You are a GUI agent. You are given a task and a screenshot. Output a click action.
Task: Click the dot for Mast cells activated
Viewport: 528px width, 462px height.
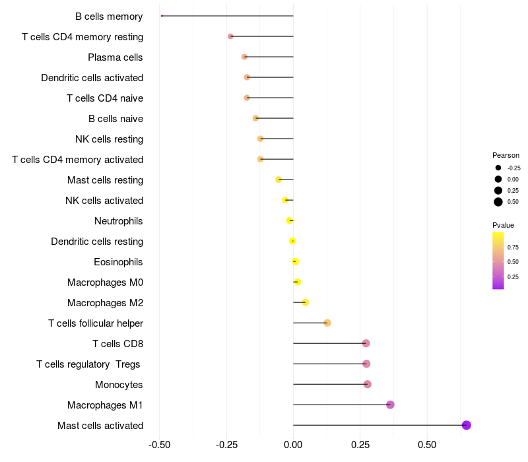click(x=466, y=425)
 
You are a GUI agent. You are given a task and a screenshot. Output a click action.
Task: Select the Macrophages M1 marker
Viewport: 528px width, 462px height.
click(x=390, y=405)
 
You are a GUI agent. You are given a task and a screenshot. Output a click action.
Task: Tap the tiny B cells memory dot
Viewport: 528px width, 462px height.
click(x=162, y=16)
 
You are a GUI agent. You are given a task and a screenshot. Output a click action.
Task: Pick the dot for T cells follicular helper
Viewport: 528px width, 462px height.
click(x=327, y=323)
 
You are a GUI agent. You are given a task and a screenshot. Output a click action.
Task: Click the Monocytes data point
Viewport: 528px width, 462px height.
click(x=368, y=384)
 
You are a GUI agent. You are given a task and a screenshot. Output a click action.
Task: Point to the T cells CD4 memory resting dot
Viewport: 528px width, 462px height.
click(x=230, y=36)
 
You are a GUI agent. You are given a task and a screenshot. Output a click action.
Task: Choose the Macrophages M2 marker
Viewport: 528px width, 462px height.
click(x=306, y=302)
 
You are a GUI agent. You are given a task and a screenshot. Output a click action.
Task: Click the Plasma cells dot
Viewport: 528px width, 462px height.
click(x=244, y=57)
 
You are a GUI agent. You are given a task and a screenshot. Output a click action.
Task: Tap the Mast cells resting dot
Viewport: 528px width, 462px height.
click(x=279, y=180)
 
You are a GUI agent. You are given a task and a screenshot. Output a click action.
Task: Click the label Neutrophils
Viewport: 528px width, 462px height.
click(x=119, y=221)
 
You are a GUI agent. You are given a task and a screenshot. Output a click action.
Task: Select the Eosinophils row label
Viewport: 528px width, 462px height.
click(x=118, y=262)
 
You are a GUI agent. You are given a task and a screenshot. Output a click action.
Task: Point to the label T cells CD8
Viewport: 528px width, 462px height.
click(x=118, y=344)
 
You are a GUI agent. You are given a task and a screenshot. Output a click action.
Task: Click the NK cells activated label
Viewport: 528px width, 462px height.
click(x=104, y=201)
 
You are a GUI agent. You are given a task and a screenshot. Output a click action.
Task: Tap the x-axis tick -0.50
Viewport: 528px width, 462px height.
click(x=159, y=445)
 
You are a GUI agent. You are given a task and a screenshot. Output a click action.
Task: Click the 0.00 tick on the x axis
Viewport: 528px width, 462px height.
click(x=293, y=445)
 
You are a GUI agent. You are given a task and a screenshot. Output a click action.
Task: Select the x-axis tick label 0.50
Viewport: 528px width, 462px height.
click(x=427, y=445)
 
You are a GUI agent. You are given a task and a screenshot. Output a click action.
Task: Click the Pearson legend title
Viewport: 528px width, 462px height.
click(x=506, y=155)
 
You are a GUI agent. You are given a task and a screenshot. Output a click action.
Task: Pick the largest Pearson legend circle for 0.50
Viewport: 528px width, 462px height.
click(x=498, y=202)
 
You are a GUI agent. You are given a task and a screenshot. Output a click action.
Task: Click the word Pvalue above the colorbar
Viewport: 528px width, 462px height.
click(x=503, y=225)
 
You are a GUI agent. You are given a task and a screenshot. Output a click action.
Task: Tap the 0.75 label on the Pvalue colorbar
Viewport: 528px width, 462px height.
click(x=513, y=247)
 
